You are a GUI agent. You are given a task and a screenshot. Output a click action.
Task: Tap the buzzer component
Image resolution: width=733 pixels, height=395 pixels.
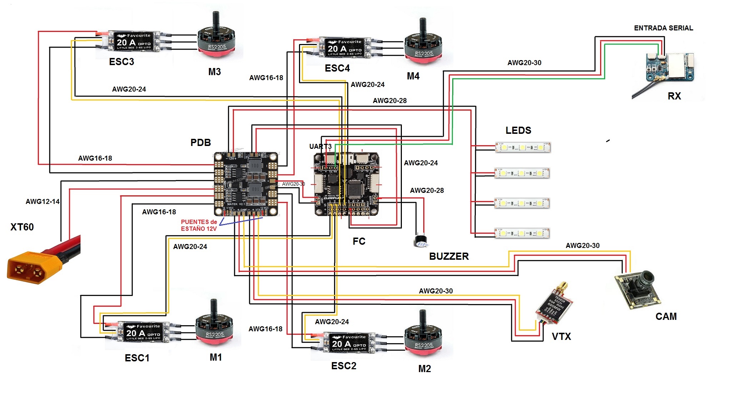[x=421, y=241]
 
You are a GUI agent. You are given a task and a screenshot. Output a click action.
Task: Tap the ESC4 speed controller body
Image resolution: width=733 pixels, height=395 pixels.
[x=345, y=48]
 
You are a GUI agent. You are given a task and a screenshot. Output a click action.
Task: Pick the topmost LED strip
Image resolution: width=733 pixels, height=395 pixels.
[x=523, y=147]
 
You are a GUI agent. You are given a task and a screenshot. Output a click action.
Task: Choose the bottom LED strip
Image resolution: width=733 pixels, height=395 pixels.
[x=522, y=233]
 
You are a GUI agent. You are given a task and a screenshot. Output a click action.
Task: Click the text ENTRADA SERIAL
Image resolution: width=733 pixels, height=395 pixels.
[x=663, y=28]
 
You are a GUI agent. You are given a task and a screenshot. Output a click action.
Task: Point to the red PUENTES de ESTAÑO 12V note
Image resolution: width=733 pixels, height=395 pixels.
[x=199, y=225]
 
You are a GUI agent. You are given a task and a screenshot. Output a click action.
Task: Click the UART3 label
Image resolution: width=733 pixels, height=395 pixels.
[x=320, y=146]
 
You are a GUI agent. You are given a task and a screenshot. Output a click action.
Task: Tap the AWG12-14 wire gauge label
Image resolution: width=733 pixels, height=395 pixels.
[x=43, y=201]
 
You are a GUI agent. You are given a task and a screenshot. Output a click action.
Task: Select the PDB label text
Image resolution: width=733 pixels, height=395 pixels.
[x=200, y=142]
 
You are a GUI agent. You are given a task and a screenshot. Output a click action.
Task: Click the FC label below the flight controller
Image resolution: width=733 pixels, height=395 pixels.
[x=359, y=241]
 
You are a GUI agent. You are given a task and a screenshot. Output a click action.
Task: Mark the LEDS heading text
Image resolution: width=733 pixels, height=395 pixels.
[x=518, y=130]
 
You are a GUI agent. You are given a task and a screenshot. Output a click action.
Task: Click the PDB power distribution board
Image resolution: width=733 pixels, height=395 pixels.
[x=246, y=184]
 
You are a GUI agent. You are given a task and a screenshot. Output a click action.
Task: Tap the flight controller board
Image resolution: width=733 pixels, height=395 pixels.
[x=346, y=185]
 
